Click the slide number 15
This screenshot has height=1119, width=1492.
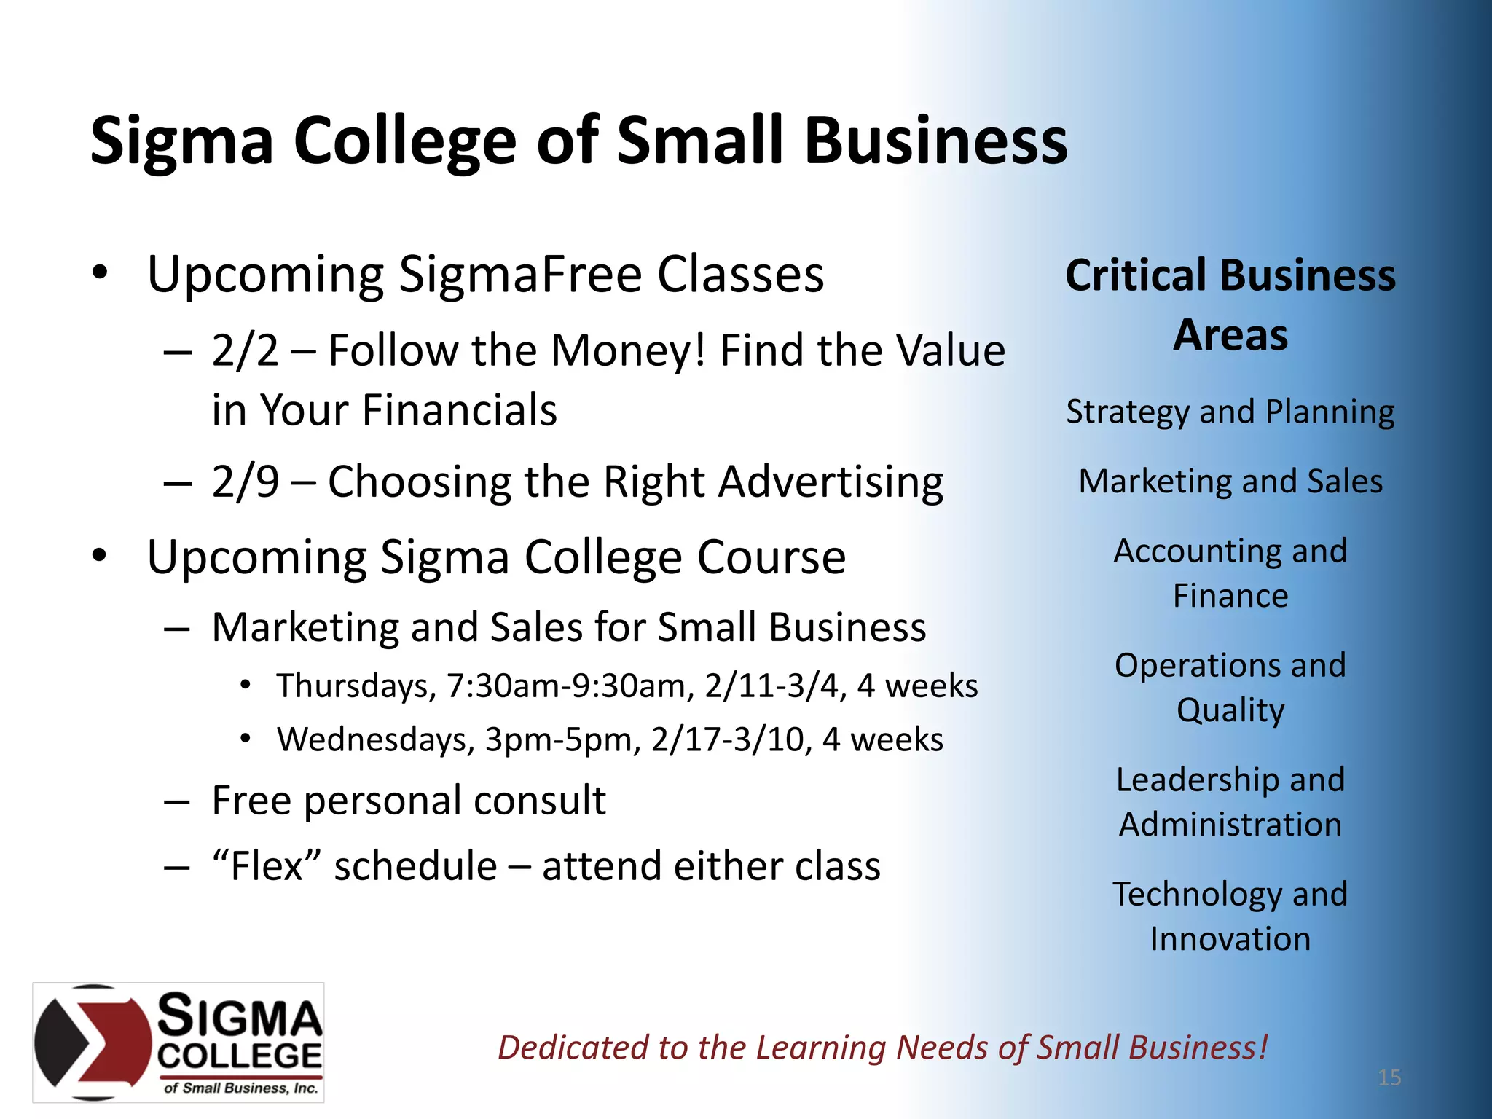click(x=1389, y=1077)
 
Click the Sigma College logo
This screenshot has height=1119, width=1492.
click(x=178, y=1042)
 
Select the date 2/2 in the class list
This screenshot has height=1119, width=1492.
click(x=246, y=351)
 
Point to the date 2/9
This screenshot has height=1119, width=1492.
click(x=246, y=482)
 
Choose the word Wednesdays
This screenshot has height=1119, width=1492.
click(x=376, y=740)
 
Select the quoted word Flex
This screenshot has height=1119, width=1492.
click(x=267, y=865)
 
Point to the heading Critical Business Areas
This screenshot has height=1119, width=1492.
click(x=1230, y=305)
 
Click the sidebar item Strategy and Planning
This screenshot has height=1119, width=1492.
click(x=1230, y=412)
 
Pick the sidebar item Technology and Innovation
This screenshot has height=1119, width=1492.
click(x=1230, y=916)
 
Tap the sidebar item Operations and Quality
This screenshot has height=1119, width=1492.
click(x=1230, y=687)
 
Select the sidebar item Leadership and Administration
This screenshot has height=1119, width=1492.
click(x=1230, y=801)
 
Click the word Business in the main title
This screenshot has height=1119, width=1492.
click(x=936, y=141)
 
